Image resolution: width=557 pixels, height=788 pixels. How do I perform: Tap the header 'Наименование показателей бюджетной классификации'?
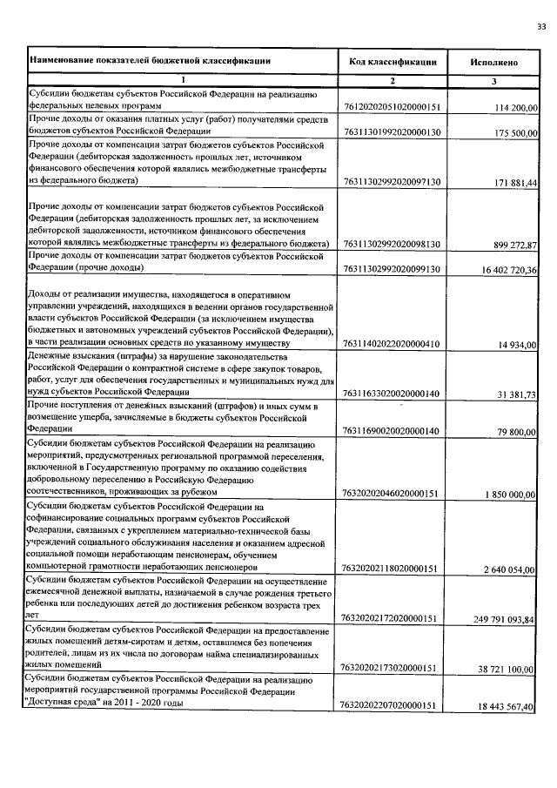pos(150,61)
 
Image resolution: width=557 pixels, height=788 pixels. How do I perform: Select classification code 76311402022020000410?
pos(391,345)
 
